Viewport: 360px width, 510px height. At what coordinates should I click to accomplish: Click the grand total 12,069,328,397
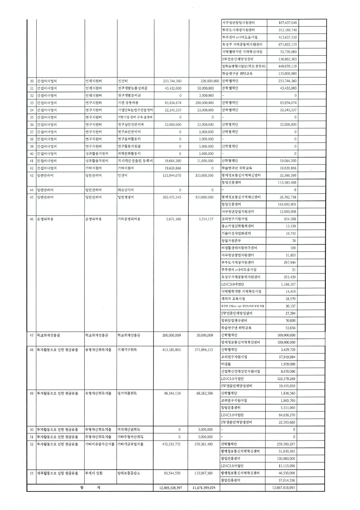coord(168,488)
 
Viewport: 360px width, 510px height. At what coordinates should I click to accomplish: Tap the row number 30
coord(31,81)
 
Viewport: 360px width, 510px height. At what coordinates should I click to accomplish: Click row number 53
coord(31,473)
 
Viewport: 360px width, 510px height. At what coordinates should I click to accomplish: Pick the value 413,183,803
coord(169,349)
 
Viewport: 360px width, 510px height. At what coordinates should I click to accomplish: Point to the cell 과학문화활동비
coord(129,153)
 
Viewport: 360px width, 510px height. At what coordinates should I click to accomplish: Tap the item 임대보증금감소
coord(129,473)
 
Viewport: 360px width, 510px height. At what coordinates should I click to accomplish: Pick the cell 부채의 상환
coord(93,473)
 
